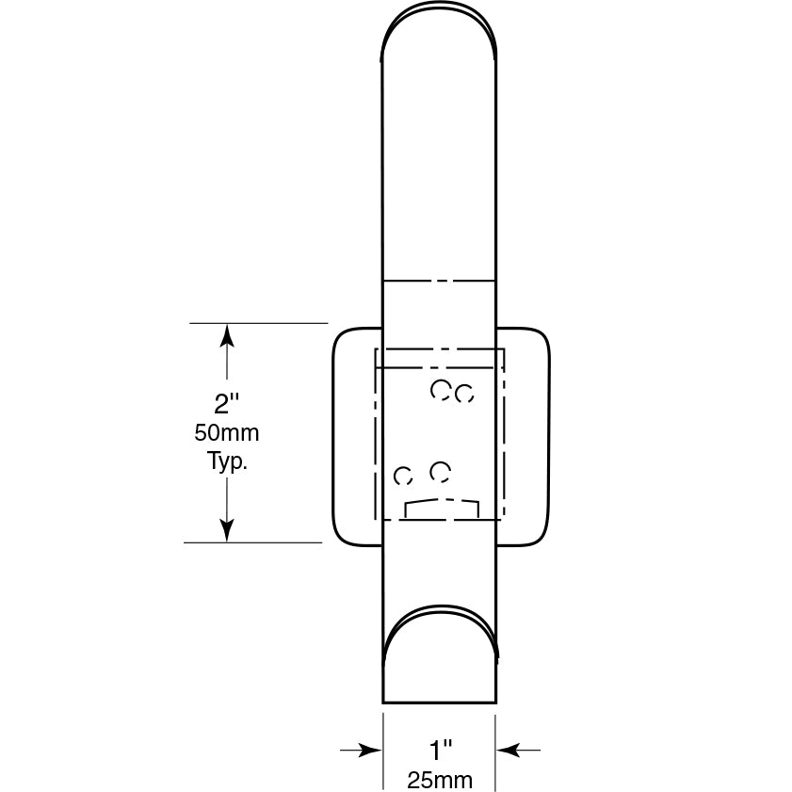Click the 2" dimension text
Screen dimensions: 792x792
[x=227, y=404]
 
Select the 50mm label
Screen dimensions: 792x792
[x=227, y=434]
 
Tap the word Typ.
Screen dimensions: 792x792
[x=227, y=461]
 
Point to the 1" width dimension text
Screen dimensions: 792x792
[x=441, y=751]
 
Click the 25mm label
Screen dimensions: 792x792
[x=440, y=780]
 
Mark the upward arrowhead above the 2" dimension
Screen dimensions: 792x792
[x=227, y=335]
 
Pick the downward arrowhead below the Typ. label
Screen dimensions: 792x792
[x=227, y=531]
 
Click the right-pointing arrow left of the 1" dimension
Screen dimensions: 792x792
[x=371, y=750]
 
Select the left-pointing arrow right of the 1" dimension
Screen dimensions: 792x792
[x=508, y=750]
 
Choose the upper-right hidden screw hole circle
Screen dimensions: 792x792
[x=463, y=395]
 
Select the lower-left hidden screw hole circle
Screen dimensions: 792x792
[x=403, y=476]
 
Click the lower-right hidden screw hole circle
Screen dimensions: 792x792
[x=440, y=471]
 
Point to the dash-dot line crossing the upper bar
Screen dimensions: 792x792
[x=439, y=281]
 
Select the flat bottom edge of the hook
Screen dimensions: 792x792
[x=439, y=702]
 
